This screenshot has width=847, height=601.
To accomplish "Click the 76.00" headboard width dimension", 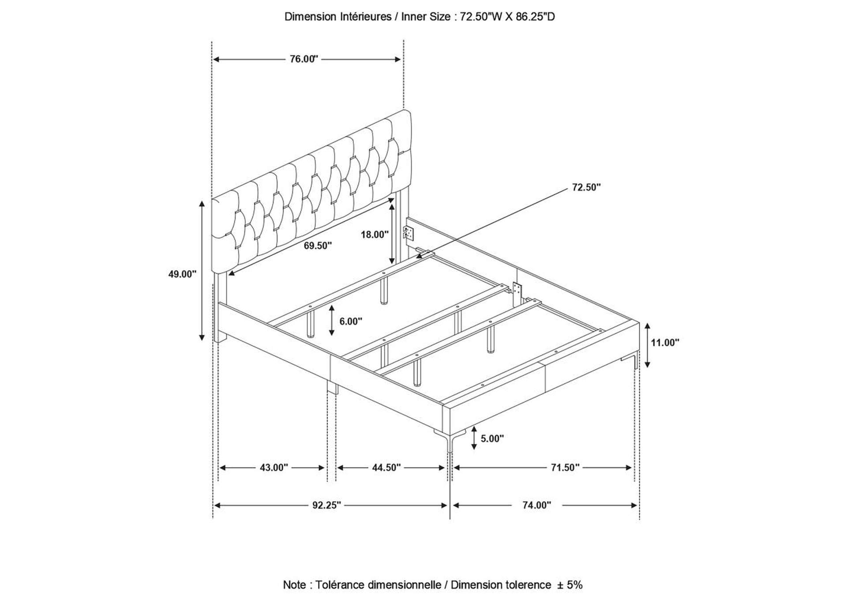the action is pyautogui.click(x=304, y=59).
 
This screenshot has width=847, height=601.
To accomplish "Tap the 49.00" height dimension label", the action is pyautogui.click(x=182, y=274).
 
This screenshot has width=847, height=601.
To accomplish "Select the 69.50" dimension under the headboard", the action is pyautogui.click(x=318, y=246).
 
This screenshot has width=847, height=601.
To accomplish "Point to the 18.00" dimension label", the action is pyautogui.click(x=375, y=234).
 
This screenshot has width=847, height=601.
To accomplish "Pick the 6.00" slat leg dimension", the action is pyautogui.click(x=351, y=321).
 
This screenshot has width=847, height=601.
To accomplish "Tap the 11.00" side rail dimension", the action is pyautogui.click(x=665, y=342).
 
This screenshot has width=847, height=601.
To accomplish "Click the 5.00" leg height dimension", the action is pyautogui.click(x=492, y=438).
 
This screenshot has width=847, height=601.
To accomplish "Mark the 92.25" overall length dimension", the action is pyautogui.click(x=327, y=505).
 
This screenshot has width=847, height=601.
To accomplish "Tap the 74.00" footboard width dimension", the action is pyautogui.click(x=537, y=505).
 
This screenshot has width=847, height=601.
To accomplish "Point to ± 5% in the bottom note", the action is pyautogui.click(x=570, y=585).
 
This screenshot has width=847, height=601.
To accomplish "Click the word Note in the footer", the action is pyautogui.click(x=294, y=585).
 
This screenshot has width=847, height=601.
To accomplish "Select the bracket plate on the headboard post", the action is pyautogui.click(x=409, y=233).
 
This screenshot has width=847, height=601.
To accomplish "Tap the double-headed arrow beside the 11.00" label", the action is pyautogui.click(x=647, y=345).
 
